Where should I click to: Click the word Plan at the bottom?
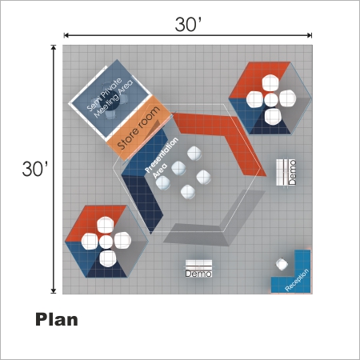(x=57, y=319)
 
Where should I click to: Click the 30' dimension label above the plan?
(x=188, y=24)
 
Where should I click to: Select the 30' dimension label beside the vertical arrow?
(x=35, y=169)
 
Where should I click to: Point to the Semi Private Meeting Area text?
(x=110, y=98)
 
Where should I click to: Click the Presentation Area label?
(x=162, y=158)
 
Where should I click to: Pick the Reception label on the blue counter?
(x=297, y=280)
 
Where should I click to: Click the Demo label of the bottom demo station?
(x=198, y=274)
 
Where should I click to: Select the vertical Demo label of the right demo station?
(x=292, y=172)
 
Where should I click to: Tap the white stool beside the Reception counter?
(x=282, y=264)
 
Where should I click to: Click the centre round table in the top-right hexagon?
(x=271, y=99)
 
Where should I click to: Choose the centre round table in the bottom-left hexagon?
(x=106, y=242)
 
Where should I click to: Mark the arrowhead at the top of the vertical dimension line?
(x=54, y=47)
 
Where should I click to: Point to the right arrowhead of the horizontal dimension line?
(x=310, y=35)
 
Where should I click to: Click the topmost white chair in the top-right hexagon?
(x=270, y=82)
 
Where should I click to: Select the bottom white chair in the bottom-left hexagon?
(x=108, y=258)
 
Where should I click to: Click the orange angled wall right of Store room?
(x=224, y=138)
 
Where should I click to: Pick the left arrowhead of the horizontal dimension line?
(x=66, y=35)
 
